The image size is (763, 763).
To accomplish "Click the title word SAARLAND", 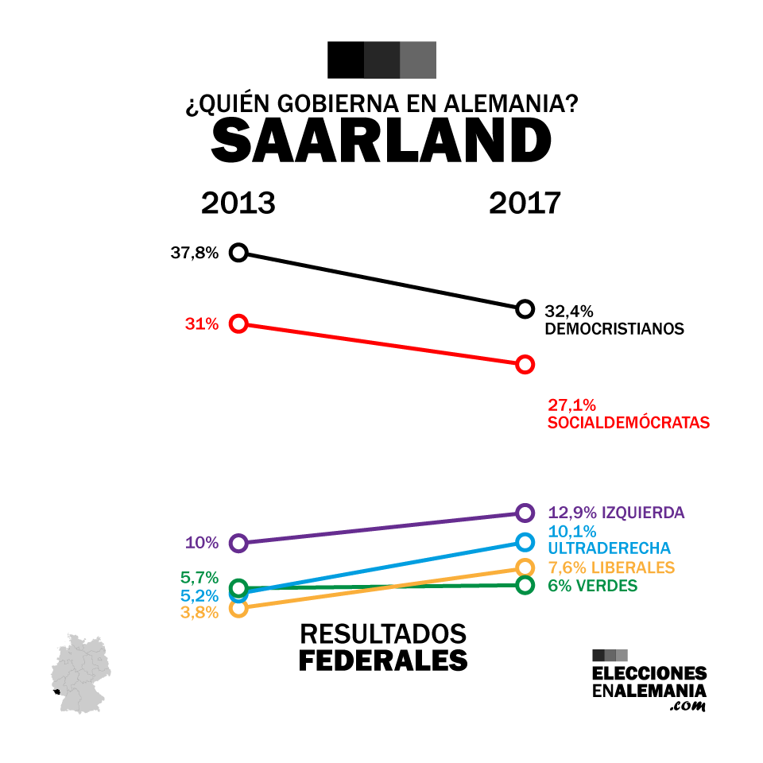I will [x=381, y=141].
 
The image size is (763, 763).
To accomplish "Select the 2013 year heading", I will [x=238, y=203].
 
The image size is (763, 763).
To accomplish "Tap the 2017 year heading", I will [x=525, y=203].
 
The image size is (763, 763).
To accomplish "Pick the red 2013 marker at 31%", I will [x=238, y=323].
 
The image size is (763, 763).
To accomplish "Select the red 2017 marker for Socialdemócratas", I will [x=525, y=364].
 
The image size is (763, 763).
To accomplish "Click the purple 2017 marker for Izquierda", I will [x=525, y=512].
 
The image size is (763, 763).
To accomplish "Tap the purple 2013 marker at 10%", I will [x=238, y=544].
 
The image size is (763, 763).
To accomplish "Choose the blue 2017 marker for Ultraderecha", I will [x=525, y=542].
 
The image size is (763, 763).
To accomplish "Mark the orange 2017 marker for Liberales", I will [x=525, y=567].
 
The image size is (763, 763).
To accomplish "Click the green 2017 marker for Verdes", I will [x=525, y=585].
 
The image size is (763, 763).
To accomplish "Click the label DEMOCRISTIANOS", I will [x=614, y=328].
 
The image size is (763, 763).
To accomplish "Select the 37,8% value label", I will [x=194, y=254].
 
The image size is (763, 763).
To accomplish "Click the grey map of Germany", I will [x=80, y=674].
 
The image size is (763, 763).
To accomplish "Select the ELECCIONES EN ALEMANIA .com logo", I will [x=649, y=680].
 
